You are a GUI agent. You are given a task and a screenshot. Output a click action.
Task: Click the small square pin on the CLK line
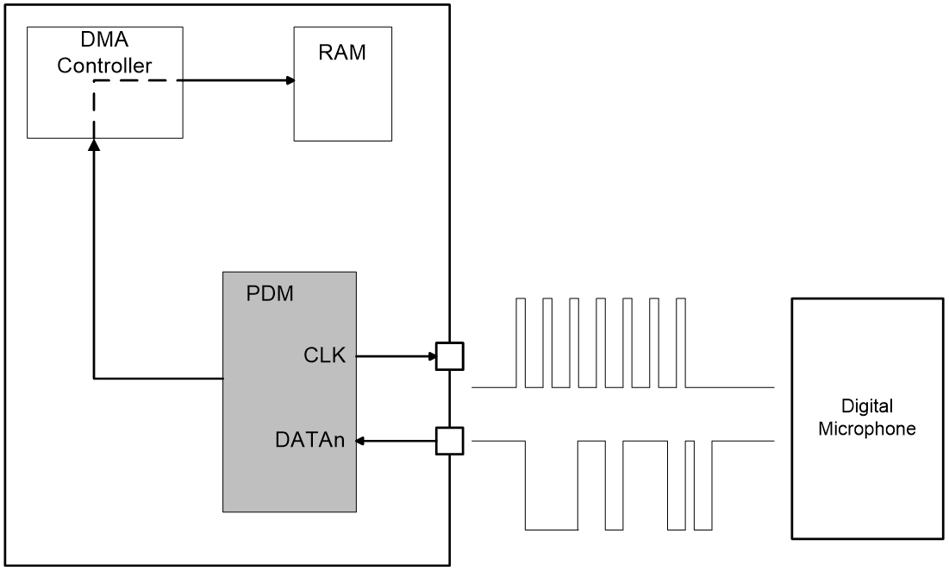point(449,355)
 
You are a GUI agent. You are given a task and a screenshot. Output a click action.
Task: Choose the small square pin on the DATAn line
point(449,442)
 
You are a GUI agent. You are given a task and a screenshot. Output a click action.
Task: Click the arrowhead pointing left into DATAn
point(363,442)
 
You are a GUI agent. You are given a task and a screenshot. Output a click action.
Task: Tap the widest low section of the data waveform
point(551,528)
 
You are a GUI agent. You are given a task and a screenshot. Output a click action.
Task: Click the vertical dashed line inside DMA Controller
point(94,108)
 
